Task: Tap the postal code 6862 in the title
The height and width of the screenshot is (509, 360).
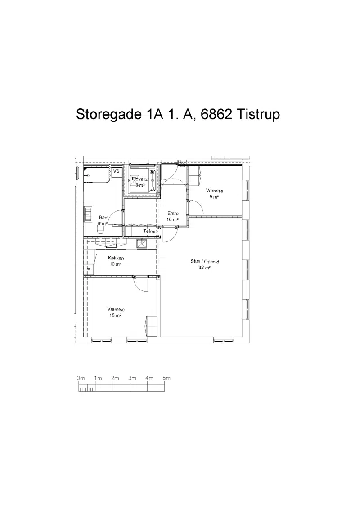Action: pyautogui.click(x=216, y=114)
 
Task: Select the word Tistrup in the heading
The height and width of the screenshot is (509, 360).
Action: pyautogui.click(x=258, y=115)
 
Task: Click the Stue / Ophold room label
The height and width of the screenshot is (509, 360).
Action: pyautogui.click(x=205, y=262)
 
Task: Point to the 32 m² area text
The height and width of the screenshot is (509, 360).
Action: pyautogui.click(x=205, y=268)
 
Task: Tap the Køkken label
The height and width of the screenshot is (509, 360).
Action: pyautogui.click(x=116, y=258)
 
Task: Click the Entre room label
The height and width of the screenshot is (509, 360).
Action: pyautogui.click(x=173, y=213)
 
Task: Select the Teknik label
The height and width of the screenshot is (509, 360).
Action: pyautogui.click(x=150, y=232)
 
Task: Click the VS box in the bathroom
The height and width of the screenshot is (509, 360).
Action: pyautogui.click(x=116, y=171)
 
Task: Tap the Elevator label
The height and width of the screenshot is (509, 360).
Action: pyautogui.click(x=140, y=179)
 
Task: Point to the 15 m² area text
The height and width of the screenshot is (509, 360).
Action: pyautogui.click(x=116, y=316)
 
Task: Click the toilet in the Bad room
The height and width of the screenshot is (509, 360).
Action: pyautogui.click(x=100, y=229)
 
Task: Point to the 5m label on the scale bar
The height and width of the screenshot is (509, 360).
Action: pyautogui.click(x=166, y=378)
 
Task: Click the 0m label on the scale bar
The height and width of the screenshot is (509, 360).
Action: pyautogui.click(x=81, y=378)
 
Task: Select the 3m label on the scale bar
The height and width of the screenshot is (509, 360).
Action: pyautogui.click(x=132, y=378)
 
